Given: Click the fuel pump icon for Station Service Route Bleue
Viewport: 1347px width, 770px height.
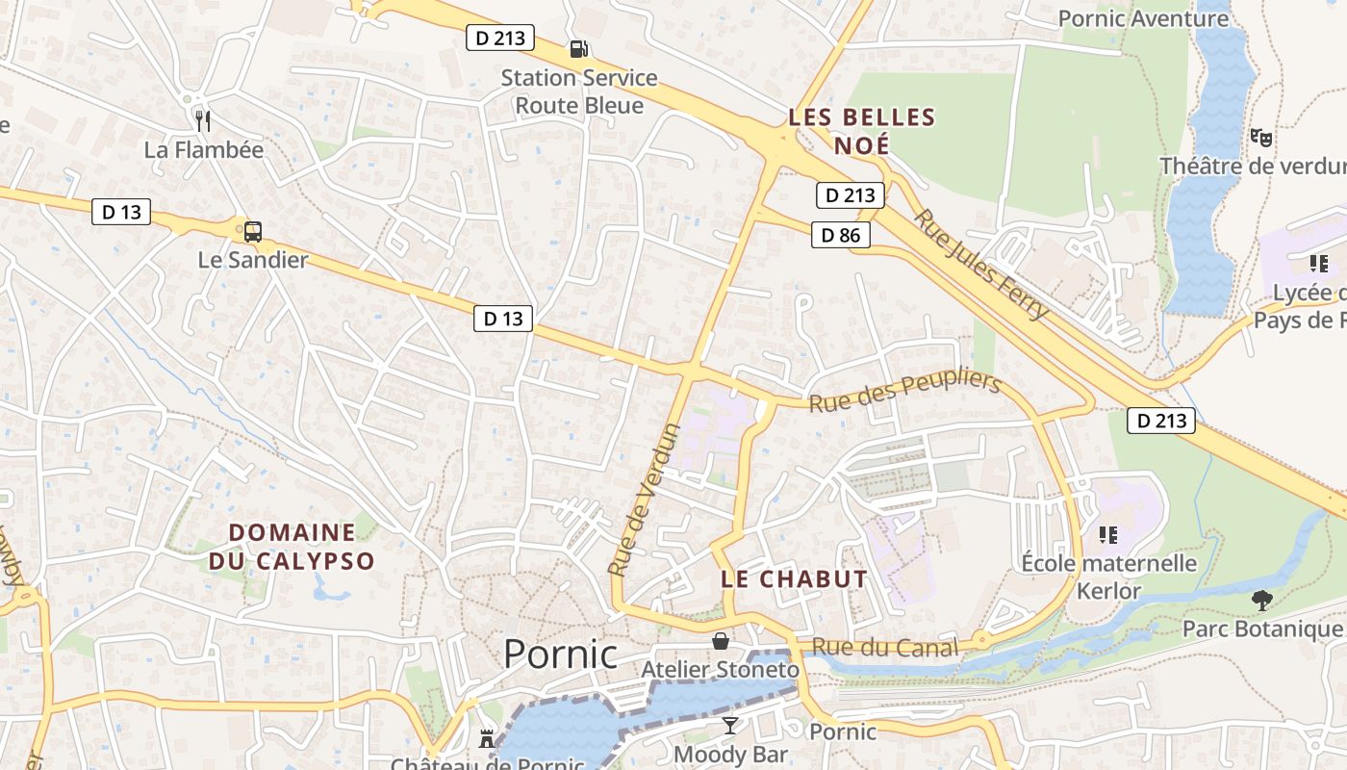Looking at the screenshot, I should pyautogui.click(x=578, y=49).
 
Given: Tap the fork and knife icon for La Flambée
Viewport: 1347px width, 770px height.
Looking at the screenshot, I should pyautogui.click(x=202, y=120).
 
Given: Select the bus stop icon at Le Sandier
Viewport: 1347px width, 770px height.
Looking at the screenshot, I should pyautogui.click(x=252, y=231).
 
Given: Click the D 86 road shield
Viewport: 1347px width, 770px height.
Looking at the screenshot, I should pyautogui.click(x=840, y=235).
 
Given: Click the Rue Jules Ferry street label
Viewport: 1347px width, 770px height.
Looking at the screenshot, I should pyautogui.click(x=980, y=264).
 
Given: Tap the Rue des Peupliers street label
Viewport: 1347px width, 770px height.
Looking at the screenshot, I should pyautogui.click(x=904, y=392).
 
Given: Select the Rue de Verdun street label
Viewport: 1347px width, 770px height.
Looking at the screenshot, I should pyautogui.click(x=645, y=500).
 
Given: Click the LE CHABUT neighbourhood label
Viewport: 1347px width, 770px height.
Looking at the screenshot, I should pyautogui.click(x=794, y=579).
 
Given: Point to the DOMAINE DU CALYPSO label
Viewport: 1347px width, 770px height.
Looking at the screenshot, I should pyautogui.click(x=292, y=546).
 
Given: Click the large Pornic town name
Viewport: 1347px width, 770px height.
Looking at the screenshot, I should pyautogui.click(x=560, y=654).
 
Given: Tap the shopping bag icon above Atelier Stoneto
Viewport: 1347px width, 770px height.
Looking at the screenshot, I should pyautogui.click(x=720, y=641).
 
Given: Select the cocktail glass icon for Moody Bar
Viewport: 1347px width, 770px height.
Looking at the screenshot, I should pyautogui.click(x=730, y=726).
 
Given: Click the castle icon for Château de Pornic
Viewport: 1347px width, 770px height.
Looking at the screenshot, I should pyautogui.click(x=486, y=739).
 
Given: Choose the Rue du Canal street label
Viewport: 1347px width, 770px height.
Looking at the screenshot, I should pyautogui.click(x=885, y=648).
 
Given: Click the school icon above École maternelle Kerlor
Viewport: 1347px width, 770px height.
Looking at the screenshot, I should pyautogui.click(x=1108, y=533).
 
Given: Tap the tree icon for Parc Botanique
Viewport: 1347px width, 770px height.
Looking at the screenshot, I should pyautogui.click(x=1261, y=601).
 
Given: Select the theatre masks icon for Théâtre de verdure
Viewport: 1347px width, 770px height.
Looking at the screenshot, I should pyautogui.click(x=1260, y=138).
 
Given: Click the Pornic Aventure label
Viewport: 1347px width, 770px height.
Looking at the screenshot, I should pyautogui.click(x=1143, y=18).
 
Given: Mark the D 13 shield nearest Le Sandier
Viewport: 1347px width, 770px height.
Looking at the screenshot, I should pyautogui.click(x=121, y=212).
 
